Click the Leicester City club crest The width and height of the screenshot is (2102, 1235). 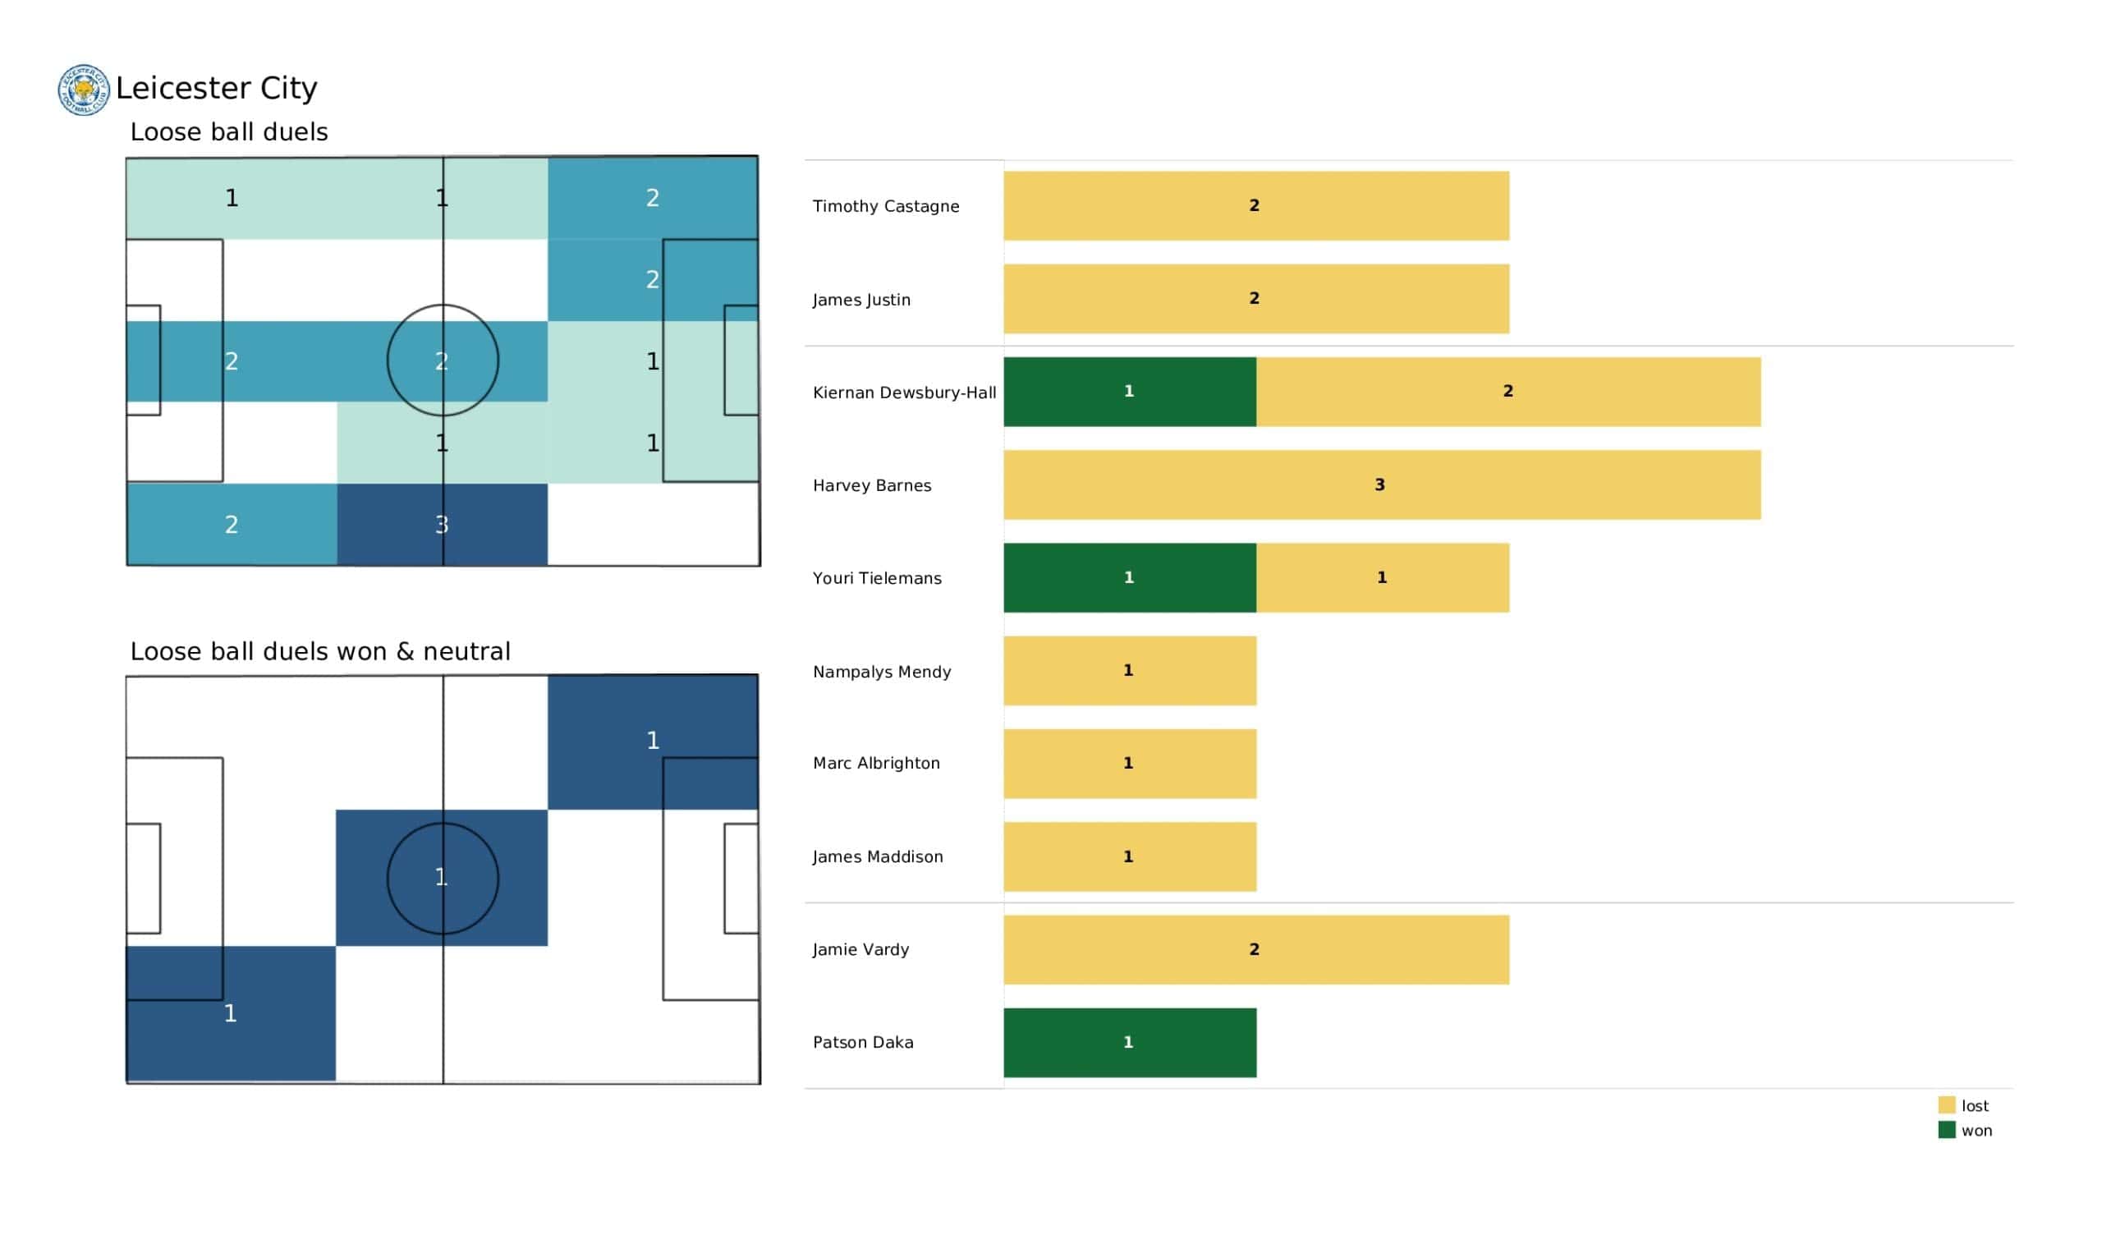(x=84, y=90)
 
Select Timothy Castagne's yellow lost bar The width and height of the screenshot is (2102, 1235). (x=1255, y=206)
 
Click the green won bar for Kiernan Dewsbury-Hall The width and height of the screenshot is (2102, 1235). (x=1129, y=393)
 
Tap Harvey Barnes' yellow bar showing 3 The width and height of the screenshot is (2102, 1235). (x=1381, y=484)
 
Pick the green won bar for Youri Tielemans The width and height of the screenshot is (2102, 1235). (x=1129, y=577)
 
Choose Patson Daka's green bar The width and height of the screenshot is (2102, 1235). (x=1129, y=1043)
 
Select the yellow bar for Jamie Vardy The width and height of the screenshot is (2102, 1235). (x=1255, y=949)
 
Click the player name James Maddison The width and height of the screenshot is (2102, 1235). (x=878, y=857)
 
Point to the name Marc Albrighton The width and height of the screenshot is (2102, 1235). (x=876, y=764)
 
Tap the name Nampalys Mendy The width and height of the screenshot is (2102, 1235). (x=882, y=672)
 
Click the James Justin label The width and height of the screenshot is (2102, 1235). (x=861, y=300)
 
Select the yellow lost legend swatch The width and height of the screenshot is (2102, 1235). (x=1946, y=1105)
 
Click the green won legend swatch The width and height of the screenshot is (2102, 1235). (x=1946, y=1131)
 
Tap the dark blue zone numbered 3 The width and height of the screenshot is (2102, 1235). (x=442, y=525)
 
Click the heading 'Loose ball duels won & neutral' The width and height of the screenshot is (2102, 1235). (x=320, y=652)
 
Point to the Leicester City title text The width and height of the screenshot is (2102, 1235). (x=216, y=89)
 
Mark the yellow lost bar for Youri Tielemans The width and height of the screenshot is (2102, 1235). (x=1382, y=577)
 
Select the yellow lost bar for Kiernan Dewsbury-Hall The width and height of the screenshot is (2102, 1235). (x=1508, y=393)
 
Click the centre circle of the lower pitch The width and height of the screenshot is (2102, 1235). (x=443, y=878)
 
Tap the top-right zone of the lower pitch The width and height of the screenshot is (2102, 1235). (x=653, y=741)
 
